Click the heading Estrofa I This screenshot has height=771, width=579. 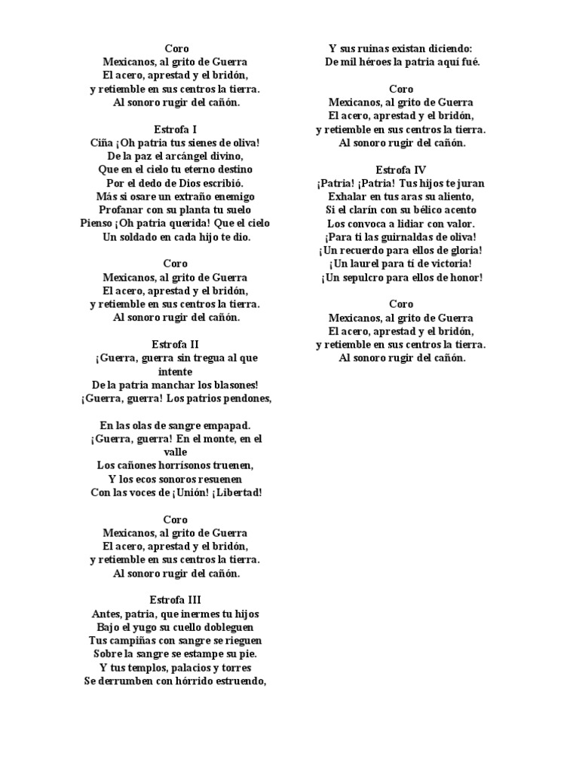pyautogui.click(x=175, y=129)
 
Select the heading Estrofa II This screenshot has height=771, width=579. pyautogui.click(x=175, y=343)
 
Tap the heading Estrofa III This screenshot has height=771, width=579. pyautogui.click(x=175, y=599)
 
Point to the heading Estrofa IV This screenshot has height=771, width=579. pyautogui.click(x=401, y=169)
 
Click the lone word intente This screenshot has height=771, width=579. pyautogui.click(x=175, y=372)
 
